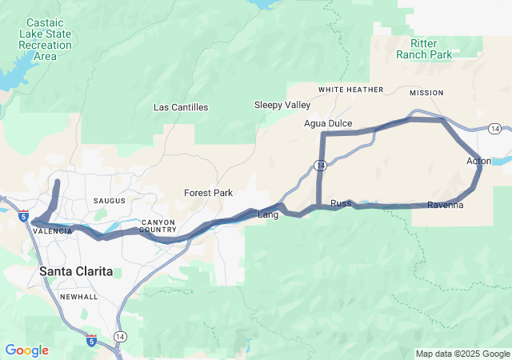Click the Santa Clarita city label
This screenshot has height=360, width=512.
[x=76, y=272]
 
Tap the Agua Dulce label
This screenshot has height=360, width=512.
[x=328, y=123]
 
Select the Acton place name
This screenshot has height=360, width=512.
[x=478, y=162]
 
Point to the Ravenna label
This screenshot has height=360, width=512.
[x=446, y=206]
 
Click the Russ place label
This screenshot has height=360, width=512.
[x=341, y=203]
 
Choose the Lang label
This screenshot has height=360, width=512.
[x=267, y=214]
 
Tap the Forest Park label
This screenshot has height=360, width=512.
[x=208, y=193]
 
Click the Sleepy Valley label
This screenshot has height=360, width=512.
[x=282, y=105]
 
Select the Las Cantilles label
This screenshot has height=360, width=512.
[x=181, y=106]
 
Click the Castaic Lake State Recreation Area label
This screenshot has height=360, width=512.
[x=46, y=40]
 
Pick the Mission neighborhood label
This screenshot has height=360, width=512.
[x=426, y=93]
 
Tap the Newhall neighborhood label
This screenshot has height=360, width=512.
[x=78, y=297]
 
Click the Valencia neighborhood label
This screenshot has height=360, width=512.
[x=53, y=230]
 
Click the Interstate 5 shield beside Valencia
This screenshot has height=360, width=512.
[x=24, y=216]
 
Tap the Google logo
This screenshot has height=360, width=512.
[x=26, y=350]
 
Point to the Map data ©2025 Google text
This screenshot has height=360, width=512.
[x=462, y=354]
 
